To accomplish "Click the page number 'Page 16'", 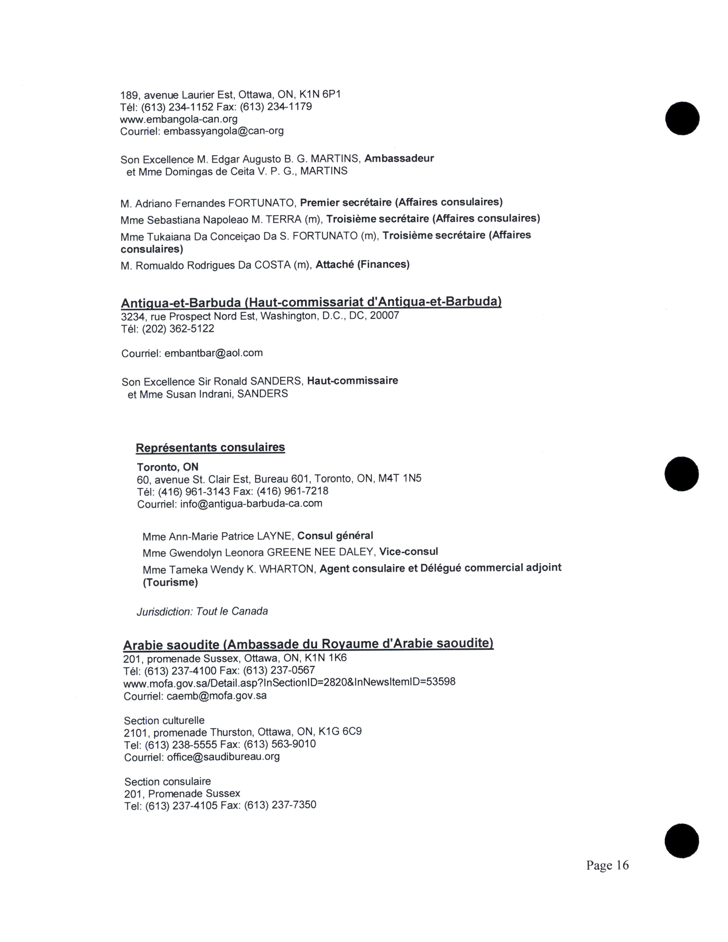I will (x=607, y=865).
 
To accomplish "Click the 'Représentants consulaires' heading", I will (x=210, y=447).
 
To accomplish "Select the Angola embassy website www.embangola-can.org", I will (x=178, y=119).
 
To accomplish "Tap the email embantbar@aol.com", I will (x=214, y=353).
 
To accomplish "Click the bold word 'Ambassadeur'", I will (x=399, y=158).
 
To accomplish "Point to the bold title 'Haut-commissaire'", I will (x=352, y=381).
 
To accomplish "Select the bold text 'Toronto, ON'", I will (x=167, y=467).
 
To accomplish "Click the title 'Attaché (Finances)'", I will (x=362, y=264).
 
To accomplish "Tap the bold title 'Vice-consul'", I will (x=409, y=552).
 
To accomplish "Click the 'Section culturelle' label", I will (x=164, y=720).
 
